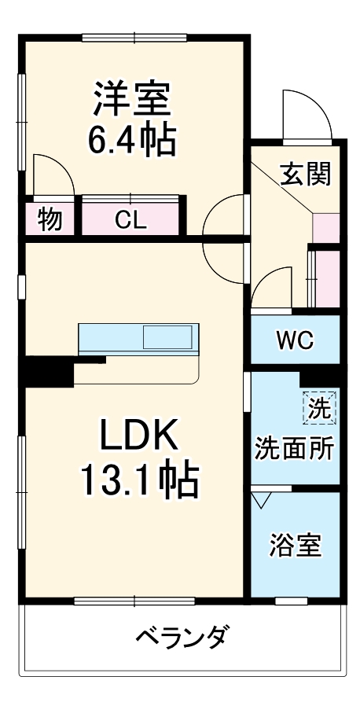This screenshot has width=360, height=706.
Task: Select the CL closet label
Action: pyautogui.click(x=130, y=220)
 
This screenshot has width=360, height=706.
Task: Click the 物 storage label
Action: pyautogui.click(x=50, y=220)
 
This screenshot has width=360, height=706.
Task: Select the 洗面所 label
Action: pyautogui.click(x=294, y=448)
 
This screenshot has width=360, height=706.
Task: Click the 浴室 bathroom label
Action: pyautogui.click(x=296, y=546)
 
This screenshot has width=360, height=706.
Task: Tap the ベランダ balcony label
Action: pyautogui.click(x=182, y=635)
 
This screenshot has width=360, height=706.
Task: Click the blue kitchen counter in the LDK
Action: pyautogui.click(x=110, y=338)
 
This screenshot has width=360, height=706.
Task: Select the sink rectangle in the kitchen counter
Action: pyautogui.click(x=167, y=338)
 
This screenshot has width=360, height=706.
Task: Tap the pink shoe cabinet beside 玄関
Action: pyautogui.click(x=325, y=227)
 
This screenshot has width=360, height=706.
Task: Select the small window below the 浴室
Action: pyautogui.click(x=291, y=601)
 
